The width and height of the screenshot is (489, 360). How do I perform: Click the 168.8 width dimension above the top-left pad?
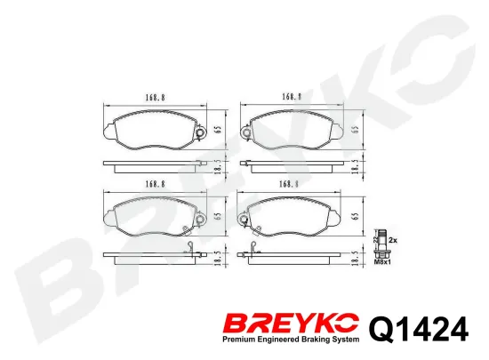click(155, 98)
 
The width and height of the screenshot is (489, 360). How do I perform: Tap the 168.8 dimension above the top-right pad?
click(292, 97)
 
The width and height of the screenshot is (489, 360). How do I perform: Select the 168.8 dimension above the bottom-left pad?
click(155, 184)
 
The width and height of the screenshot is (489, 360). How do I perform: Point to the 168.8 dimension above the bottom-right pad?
click(289, 185)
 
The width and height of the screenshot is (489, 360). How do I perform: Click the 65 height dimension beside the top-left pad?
click(218, 130)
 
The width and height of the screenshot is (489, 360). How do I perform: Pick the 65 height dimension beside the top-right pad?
click(356, 130)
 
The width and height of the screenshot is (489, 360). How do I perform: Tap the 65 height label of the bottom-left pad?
click(218, 216)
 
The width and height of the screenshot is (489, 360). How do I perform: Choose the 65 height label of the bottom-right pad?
click(356, 216)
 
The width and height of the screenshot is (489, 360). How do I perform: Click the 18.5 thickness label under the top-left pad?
click(218, 166)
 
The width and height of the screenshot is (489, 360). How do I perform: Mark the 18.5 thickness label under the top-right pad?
click(356, 166)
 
